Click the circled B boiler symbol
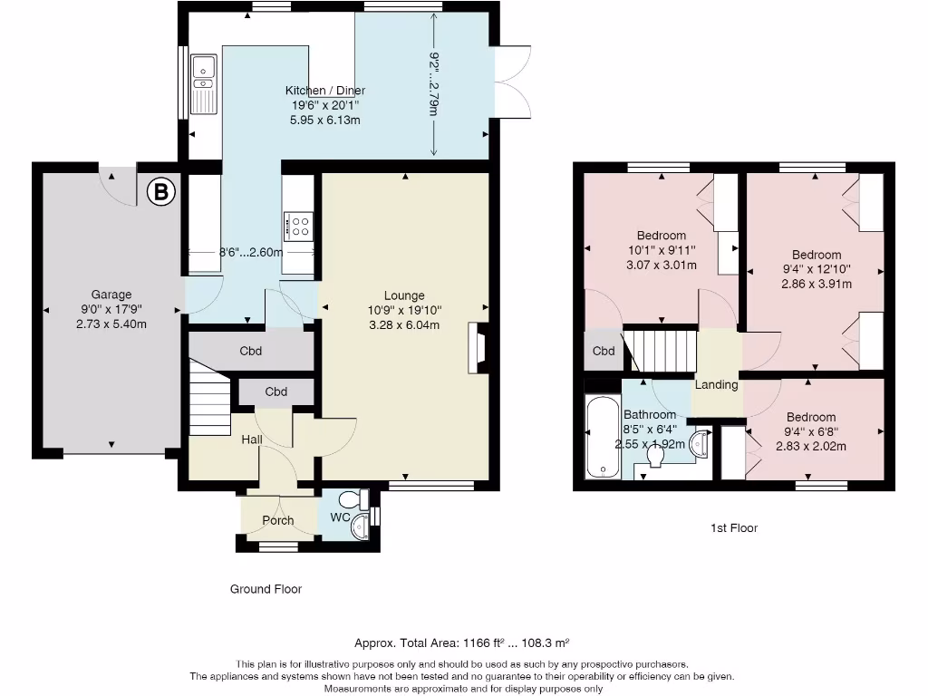(160, 191)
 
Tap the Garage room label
(111, 295)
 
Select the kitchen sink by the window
(203, 81)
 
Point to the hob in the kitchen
(298, 225)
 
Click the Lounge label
(404, 295)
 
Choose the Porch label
(278, 520)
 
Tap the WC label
(340, 517)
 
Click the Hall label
(252, 440)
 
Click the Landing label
(716, 384)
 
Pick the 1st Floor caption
(735, 527)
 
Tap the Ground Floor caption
(266, 589)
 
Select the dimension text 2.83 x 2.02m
(811, 446)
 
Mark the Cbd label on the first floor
(604, 352)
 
